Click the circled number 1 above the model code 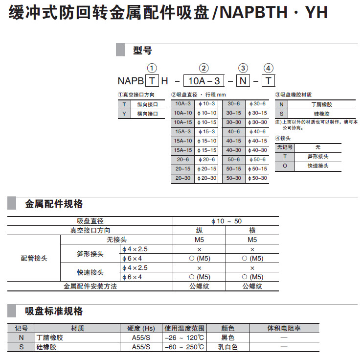pos(153,69)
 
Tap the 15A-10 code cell pos(182,141)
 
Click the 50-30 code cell pos(233,178)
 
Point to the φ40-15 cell pos(257,141)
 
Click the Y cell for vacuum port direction pos(124,114)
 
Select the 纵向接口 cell pos(147,104)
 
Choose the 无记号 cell pos(284,147)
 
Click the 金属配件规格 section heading pos(54,204)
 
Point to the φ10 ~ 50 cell pos(226,221)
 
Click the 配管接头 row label pos(34,258)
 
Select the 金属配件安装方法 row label pos(91,286)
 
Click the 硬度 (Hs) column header pos(141,329)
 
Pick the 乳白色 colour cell pos(228,347)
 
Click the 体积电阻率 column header pos(284,329)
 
